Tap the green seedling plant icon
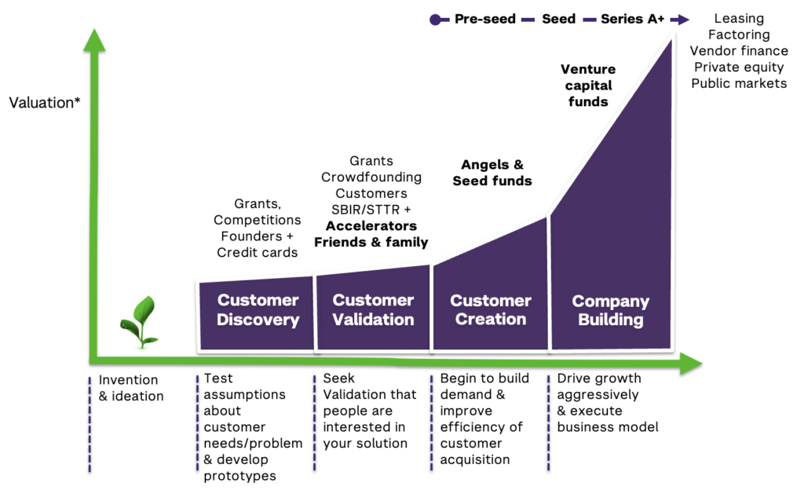click(139, 321)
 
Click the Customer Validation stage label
click(373, 310)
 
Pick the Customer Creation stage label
click(490, 310)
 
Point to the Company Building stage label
click(610, 310)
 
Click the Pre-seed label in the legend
click(484, 19)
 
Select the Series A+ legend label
click(632, 19)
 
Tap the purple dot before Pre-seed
click(435, 20)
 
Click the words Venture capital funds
click(587, 86)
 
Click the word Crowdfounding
click(371, 177)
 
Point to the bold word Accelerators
click(371, 225)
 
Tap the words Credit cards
click(257, 252)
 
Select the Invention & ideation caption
click(130, 388)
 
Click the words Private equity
click(738, 67)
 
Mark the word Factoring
click(738, 35)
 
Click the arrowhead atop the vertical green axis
click(94, 39)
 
